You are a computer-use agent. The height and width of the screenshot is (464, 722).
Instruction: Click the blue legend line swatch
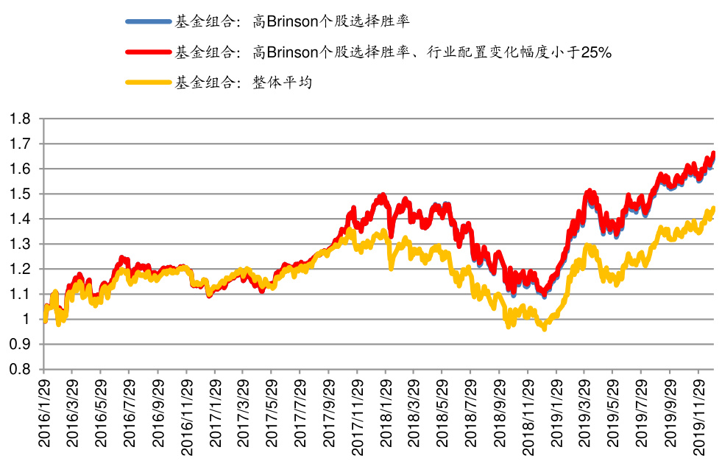click(x=148, y=22)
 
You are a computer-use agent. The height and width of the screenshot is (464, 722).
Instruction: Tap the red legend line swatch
click(x=148, y=52)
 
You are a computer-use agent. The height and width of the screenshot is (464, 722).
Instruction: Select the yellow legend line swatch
click(x=148, y=82)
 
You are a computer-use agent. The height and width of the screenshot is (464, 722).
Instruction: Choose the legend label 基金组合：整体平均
click(x=244, y=82)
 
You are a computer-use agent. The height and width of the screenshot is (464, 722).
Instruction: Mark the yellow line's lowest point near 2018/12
click(x=544, y=329)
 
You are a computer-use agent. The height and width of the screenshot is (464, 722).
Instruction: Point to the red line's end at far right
click(x=713, y=153)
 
